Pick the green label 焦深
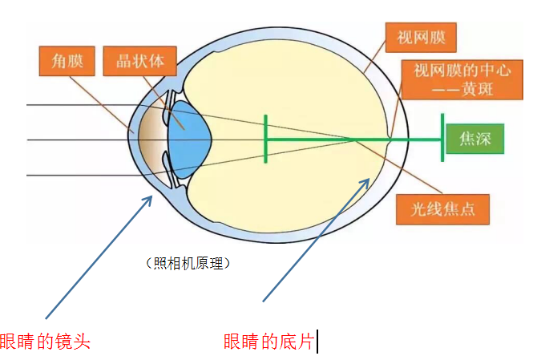(x=476, y=140)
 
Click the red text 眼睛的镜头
(x=45, y=342)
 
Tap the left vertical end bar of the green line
(x=265, y=140)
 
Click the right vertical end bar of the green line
(x=442, y=140)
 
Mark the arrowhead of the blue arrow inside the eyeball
(x=367, y=180)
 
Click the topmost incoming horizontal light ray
(x=80, y=105)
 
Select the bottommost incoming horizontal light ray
(x=80, y=175)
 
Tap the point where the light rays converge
(x=357, y=140)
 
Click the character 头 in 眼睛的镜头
(x=82, y=342)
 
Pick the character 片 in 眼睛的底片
(x=305, y=342)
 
